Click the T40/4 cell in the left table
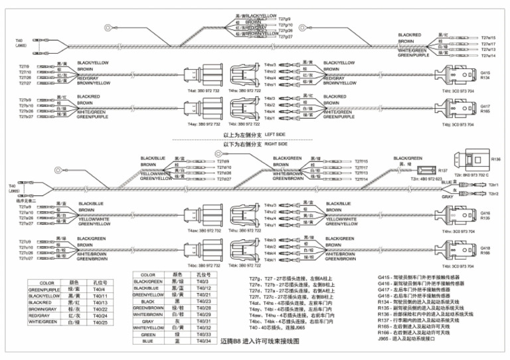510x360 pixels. click(99, 289)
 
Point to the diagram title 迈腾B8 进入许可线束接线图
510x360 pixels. click(260, 341)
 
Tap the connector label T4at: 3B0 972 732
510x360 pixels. click(204, 90)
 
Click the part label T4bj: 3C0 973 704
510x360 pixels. click(458, 124)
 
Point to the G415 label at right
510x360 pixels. click(485, 72)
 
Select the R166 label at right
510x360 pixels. click(485, 253)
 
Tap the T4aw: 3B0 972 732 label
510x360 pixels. click(204, 230)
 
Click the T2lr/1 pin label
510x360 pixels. click(493, 185)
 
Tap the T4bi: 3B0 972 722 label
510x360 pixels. click(244, 124)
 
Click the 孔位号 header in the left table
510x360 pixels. click(99, 282)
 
